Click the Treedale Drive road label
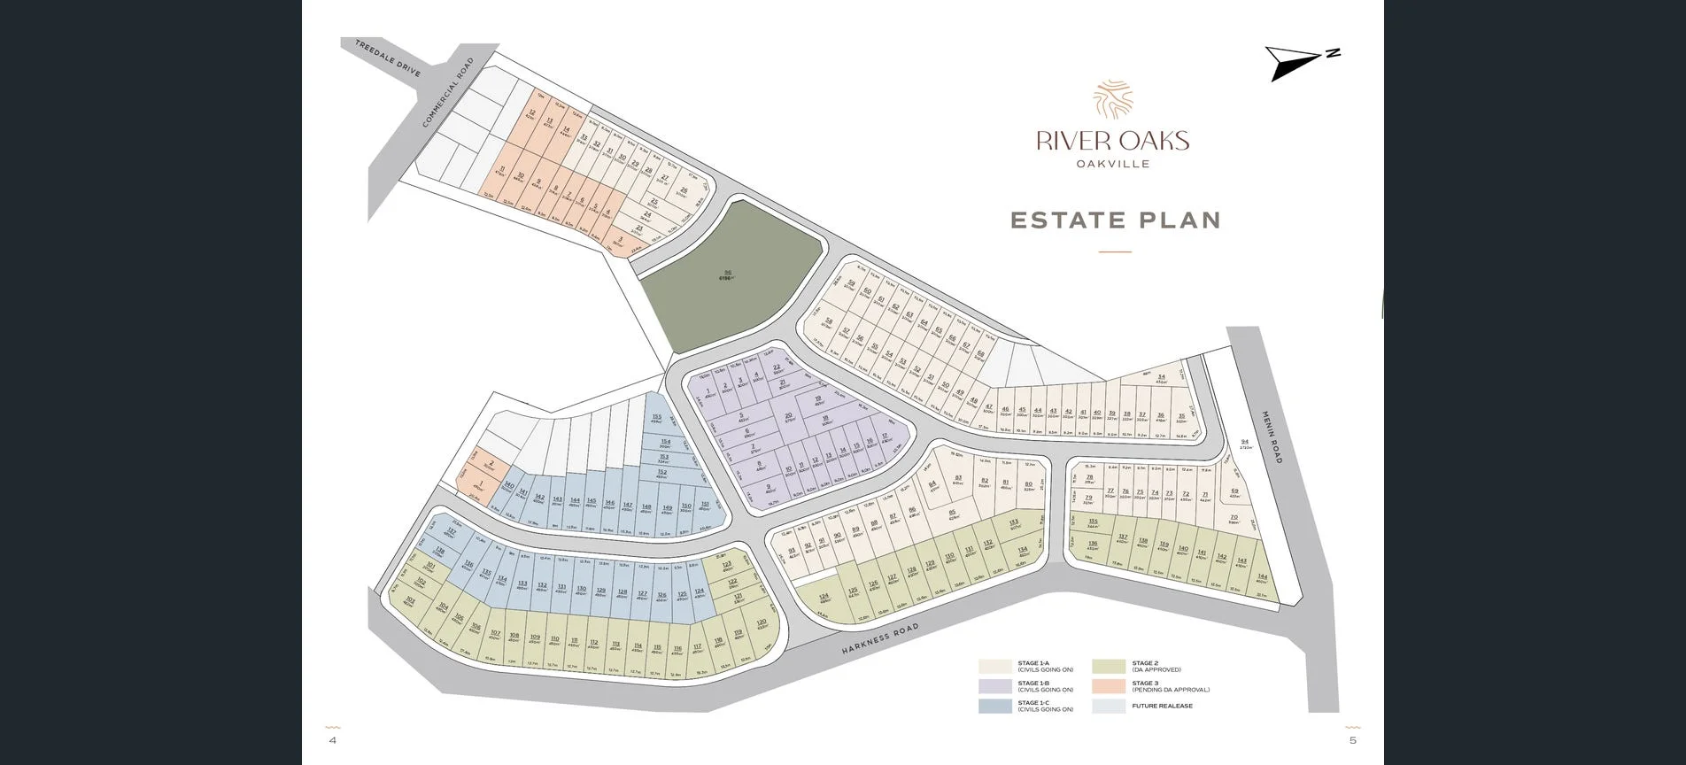point(387,58)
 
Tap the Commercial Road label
point(448,93)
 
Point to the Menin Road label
point(1272,437)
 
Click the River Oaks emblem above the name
point(1112,99)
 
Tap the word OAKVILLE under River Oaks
point(1112,164)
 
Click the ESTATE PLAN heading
point(1115,220)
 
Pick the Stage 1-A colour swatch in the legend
point(994,667)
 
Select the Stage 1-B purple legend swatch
point(994,686)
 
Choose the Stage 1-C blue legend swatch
point(994,706)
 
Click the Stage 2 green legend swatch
point(1109,667)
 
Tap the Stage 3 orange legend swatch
point(1109,686)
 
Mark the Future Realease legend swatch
point(1109,706)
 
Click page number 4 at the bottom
point(333,740)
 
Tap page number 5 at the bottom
point(1352,740)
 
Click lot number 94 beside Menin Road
point(1244,444)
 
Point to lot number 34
point(1161,378)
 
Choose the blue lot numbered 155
point(656,418)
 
